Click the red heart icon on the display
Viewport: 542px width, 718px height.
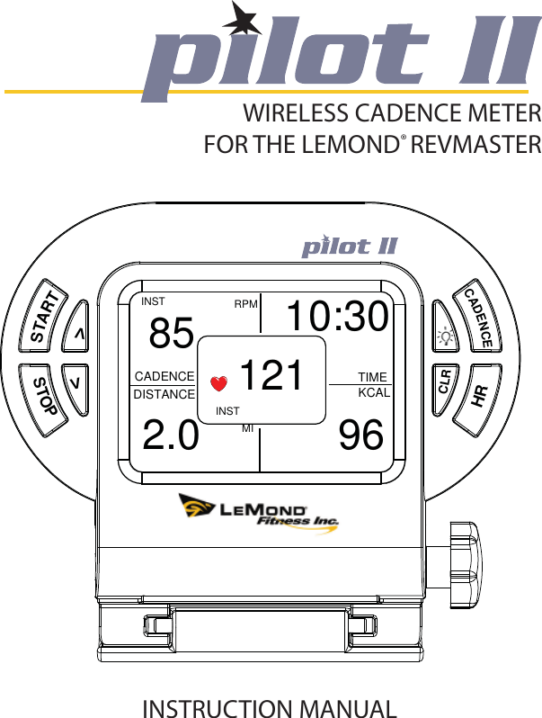(x=216, y=383)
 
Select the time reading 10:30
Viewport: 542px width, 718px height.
(x=337, y=317)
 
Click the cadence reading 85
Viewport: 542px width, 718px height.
(x=172, y=335)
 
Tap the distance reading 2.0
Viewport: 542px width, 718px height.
(x=171, y=436)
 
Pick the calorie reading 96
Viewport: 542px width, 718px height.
(x=361, y=436)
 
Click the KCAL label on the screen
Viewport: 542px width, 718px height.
(x=374, y=394)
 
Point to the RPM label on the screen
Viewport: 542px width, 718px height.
(x=245, y=304)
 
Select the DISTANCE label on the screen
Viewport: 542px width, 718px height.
(x=164, y=394)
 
